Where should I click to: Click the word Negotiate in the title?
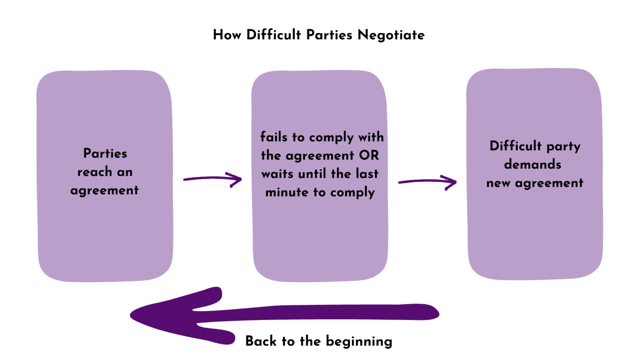pos(391,35)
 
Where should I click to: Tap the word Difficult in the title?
pos(274,35)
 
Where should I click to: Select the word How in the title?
pos(227,35)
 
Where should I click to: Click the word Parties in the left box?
pos(105,153)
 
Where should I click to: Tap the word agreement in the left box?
pos(104,190)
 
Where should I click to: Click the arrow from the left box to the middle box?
pos(213,179)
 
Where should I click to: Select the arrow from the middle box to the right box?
pos(427,182)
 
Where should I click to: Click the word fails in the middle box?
pos(274,137)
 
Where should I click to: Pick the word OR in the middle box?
pos(369,155)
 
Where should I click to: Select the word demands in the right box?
pos(532,164)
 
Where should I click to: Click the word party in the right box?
pos(563,146)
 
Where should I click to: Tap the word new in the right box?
pos(498,183)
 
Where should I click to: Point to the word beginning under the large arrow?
pos(359,342)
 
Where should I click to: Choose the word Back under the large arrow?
pos(261,341)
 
